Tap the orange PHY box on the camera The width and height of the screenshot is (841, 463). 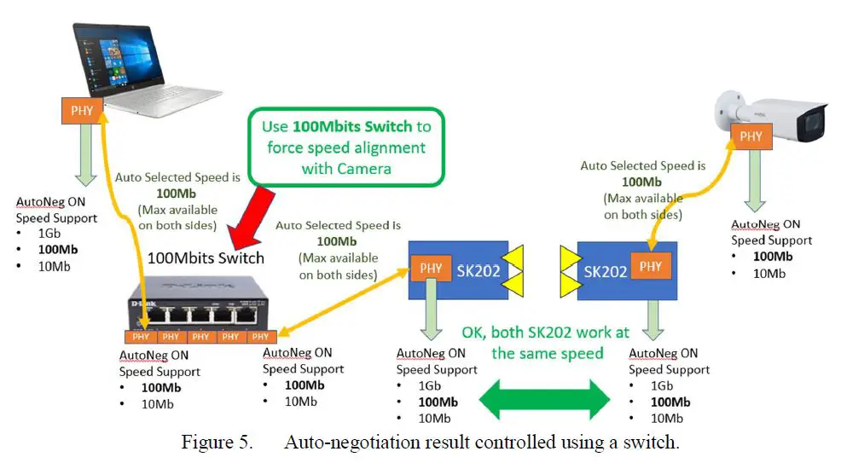[x=751, y=136]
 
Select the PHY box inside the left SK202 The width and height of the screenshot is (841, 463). [x=432, y=268]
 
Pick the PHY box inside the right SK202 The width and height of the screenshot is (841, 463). [x=650, y=267]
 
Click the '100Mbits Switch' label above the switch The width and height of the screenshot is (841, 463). [x=206, y=257]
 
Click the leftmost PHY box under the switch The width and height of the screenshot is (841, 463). [x=141, y=337]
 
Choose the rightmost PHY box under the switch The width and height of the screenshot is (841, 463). [x=259, y=337]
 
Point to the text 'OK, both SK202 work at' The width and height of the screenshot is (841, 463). [x=545, y=332]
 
